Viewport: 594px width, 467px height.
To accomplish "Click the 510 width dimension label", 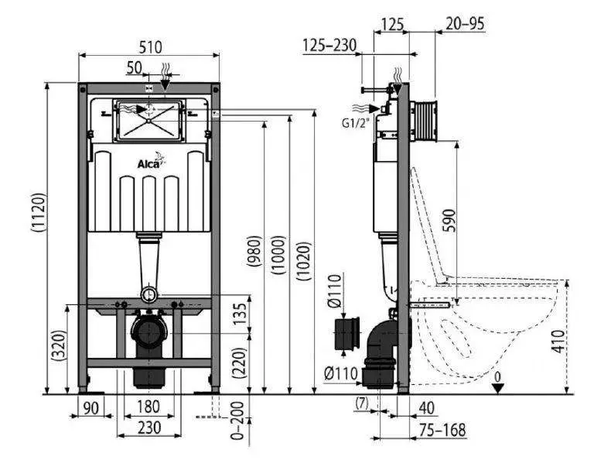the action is click(150, 47).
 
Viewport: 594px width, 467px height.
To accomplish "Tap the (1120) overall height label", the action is click(38, 212).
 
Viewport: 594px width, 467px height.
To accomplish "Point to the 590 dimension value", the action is click(449, 220).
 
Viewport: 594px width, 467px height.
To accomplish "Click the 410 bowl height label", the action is click(558, 342).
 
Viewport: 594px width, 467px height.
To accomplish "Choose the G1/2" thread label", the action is click(355, 123).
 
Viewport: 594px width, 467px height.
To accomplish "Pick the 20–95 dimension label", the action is click(465, 23).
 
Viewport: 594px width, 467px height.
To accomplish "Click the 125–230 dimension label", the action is click(329, 46).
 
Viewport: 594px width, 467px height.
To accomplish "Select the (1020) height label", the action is click(304, 261).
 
